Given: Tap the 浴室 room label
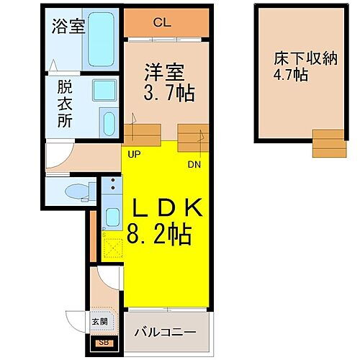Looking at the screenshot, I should pos(68,27).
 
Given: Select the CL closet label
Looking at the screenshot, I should pos(163,23).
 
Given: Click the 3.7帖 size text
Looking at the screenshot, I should pos(170,94).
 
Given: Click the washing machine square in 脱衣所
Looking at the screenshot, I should pos(105,91).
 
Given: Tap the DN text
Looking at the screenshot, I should pos(194,163).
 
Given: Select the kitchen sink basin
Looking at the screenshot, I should pos(111,216).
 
